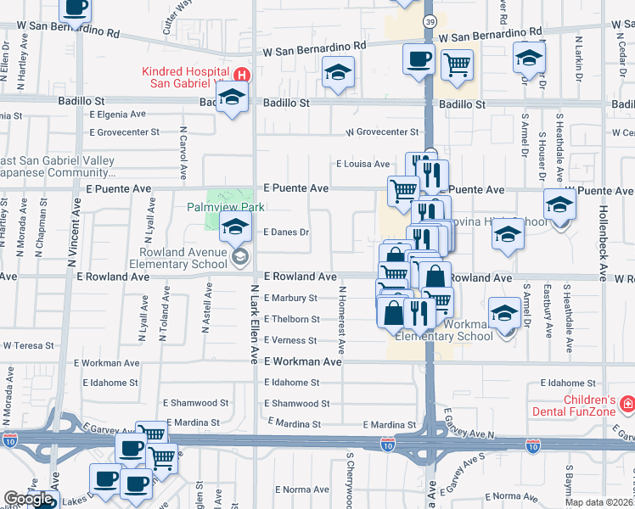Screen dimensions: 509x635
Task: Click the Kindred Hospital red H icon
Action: (242, 75)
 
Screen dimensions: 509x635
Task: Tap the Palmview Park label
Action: (226, 207)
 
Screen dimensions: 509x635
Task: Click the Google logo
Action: (28, 499)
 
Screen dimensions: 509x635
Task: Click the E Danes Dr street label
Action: (285, 232)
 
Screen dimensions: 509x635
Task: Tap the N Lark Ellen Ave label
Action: (254, 323)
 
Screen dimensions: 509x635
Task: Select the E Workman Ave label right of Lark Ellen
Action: (302, 361)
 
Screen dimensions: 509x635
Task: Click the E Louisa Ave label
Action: (362, 164)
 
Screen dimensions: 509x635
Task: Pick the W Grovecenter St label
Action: (382, 132)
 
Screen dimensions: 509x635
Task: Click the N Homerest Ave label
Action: (341, 319)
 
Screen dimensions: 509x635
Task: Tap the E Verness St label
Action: (291, 340)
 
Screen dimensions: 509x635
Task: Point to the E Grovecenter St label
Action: (125, 132)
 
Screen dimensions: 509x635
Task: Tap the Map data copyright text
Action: (598, 501)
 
